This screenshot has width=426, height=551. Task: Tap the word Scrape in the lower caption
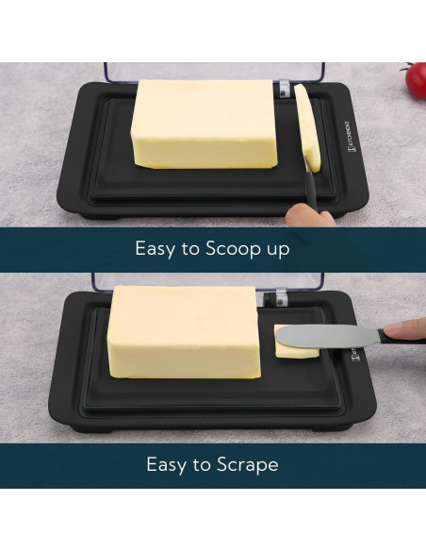click(247, 464)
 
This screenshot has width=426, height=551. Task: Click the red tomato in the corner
click(416, 80)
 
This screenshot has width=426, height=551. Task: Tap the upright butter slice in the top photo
click(307, 128)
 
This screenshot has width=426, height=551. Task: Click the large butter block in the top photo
click(205, 124)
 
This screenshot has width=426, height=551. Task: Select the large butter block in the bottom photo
click(184, 331)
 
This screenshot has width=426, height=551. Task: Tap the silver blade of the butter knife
click(326, 336)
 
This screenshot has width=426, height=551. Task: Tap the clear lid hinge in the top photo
click(285, 90)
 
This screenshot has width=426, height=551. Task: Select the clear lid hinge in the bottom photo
click(281, 297)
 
